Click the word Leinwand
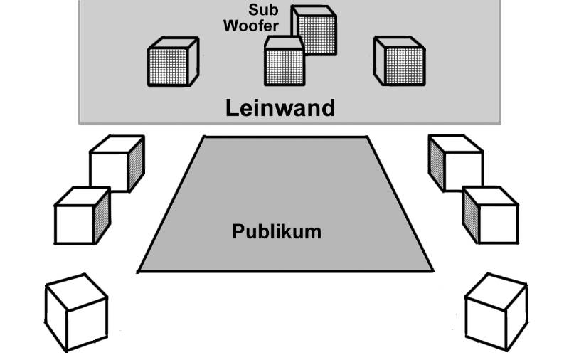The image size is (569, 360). coord(280,108)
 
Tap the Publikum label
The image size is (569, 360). coord(277,231)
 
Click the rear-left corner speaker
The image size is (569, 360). coord(76,312)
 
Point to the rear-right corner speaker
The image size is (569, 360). coord(496,312)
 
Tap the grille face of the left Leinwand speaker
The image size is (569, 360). coord(167,67)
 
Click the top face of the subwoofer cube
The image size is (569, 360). coord(312,10)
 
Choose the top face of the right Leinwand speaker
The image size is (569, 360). coord(398,43)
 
